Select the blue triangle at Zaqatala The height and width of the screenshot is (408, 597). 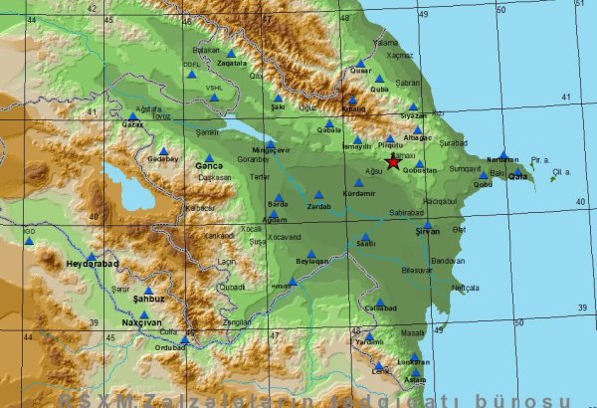pos(231,54)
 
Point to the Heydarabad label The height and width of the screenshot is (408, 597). pos(92,265)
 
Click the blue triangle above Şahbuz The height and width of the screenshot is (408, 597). pos(148,290)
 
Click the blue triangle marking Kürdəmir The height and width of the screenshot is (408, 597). pos(359,182)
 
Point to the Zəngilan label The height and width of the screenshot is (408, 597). pos(237,322)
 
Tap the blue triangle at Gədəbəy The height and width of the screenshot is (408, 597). pos(163,152)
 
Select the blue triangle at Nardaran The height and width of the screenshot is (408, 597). pos(502,154)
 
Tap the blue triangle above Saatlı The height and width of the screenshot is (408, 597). pos(365,236)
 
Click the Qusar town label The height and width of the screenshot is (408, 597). pos(361,72)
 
